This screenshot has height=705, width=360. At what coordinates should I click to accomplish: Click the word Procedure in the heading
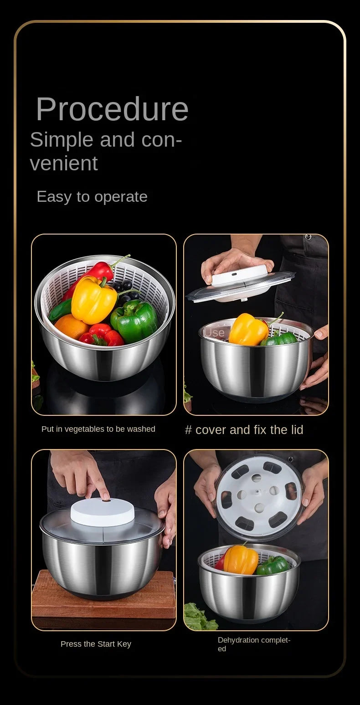point(112,109)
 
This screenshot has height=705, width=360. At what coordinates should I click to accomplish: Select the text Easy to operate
point(92,197)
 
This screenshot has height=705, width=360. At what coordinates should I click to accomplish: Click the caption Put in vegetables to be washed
point(98,429)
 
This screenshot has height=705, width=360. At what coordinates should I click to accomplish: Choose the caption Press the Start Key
point(96,644)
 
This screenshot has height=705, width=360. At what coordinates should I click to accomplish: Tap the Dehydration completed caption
point(253,644)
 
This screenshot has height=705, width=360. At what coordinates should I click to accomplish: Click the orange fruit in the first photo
point(71,327)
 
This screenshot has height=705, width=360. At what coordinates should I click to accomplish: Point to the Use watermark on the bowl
point(214,332)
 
